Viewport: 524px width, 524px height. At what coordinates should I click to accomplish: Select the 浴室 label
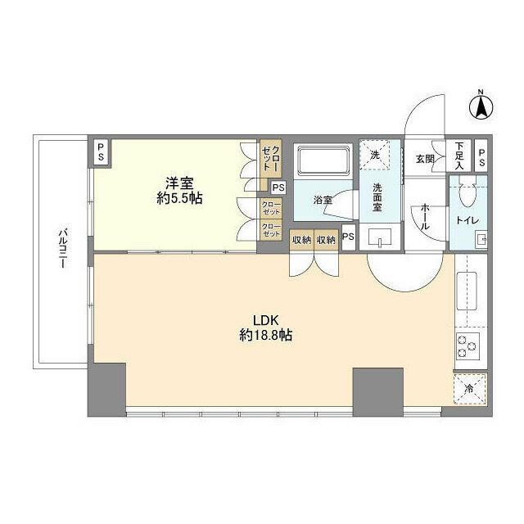(x=322, y=198)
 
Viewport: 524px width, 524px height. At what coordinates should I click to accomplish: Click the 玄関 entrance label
(x=424, y=158)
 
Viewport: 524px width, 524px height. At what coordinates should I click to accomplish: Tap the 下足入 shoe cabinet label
(x=459, y=156)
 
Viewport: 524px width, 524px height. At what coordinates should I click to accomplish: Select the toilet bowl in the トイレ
(x=468, y=193)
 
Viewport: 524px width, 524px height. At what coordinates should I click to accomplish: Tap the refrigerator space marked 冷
(x=468, y=391)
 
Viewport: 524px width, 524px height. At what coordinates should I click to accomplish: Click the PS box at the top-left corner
(x=101, y=151)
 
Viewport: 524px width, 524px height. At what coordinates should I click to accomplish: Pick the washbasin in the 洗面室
(x=381, y=238)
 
